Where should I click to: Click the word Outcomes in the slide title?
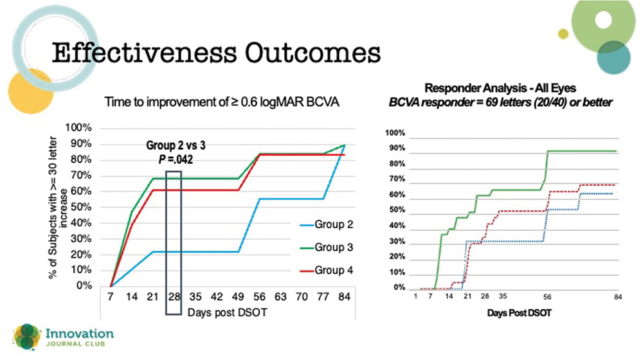point(308,53)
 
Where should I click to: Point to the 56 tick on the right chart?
point(547,297)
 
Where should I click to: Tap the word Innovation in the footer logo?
point(80,334)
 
